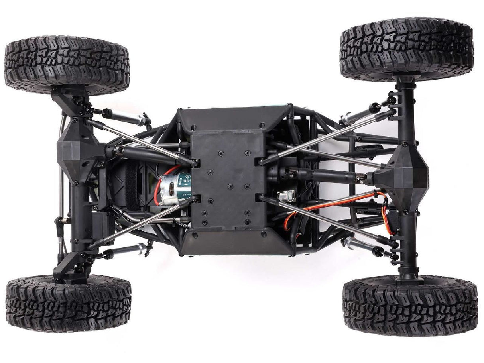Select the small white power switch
pos(287,196)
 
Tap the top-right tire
pos(406,49)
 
